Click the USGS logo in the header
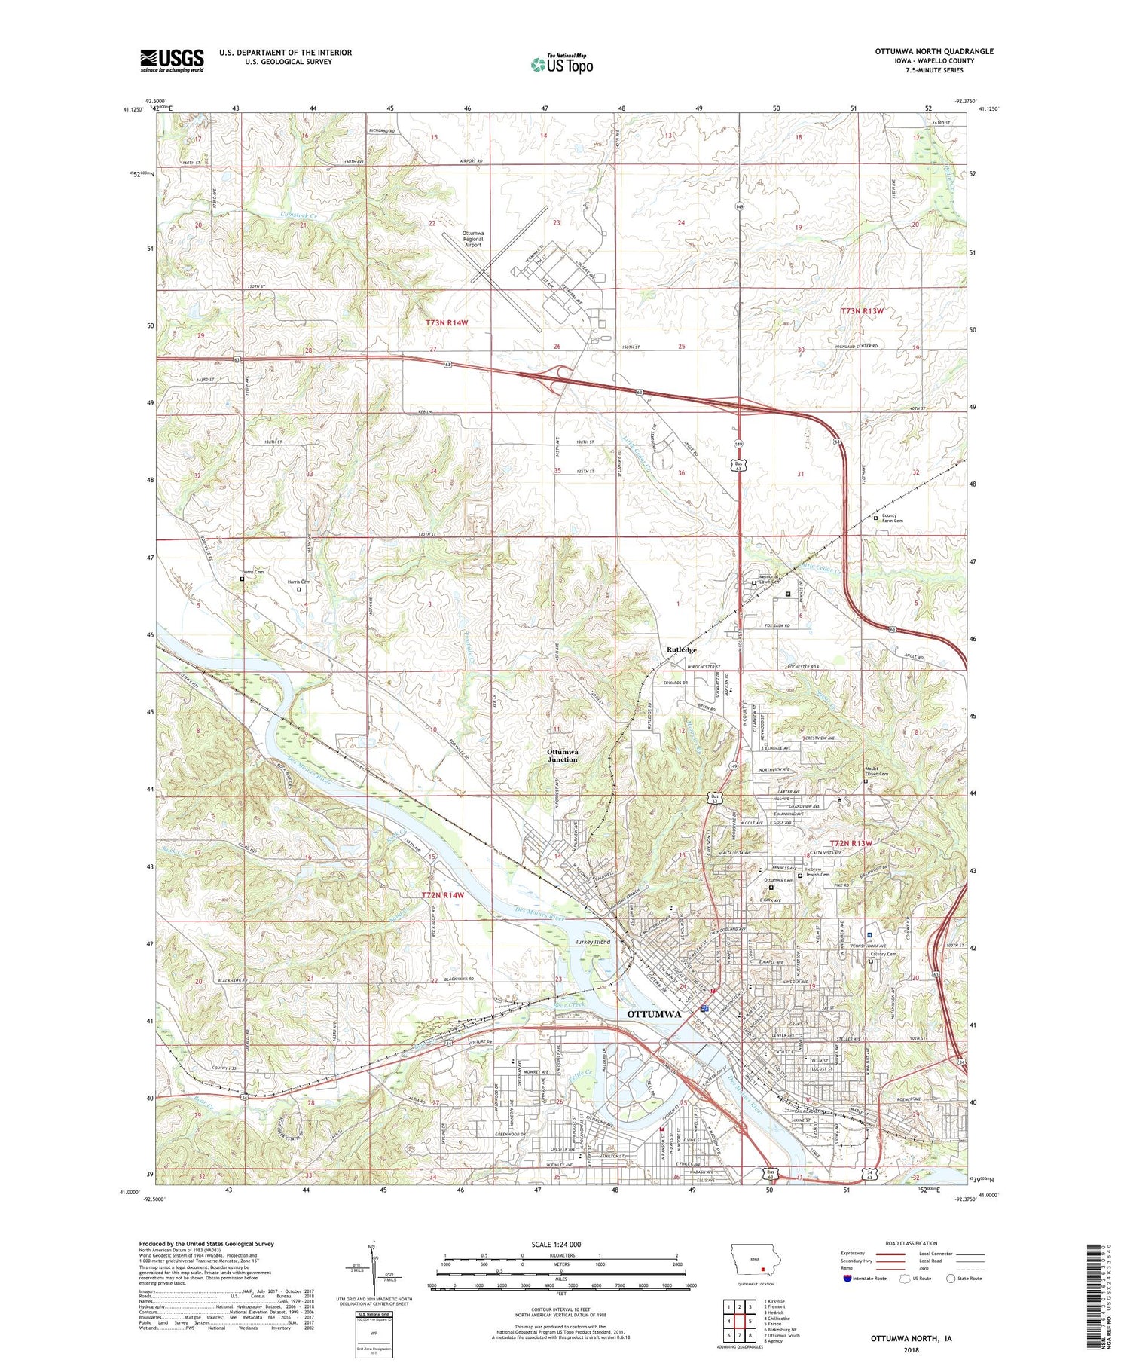[x=172, y=60]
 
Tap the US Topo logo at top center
[x=561, y=64]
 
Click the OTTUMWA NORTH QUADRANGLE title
[x=933, y=51]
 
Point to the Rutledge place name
[x=681, y=649]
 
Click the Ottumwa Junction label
[x=563, y=755]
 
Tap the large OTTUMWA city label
[x=654, y=1014]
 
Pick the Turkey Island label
[x=592, y=942]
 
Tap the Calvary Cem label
[x=883, y=954]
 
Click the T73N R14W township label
[x=447, y=322]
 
